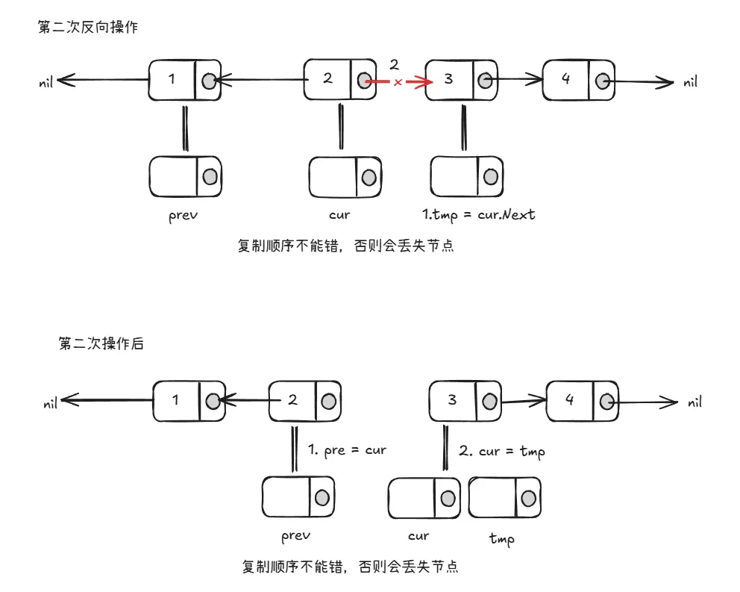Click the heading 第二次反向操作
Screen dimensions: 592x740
pyautogui.click(x=88, y=27)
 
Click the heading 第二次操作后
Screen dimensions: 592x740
pyautogui.click(x=101, y=343)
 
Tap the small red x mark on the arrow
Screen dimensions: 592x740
pyautogui.click(x=398, y=83)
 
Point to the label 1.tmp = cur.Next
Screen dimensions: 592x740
pyautogui.click(x=479, y=214)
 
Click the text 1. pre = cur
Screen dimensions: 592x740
pyautogui.click(x=347, y=450)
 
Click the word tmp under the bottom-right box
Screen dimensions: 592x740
pyautogui.click(x=501, y=538)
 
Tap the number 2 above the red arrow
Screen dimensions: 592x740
pyautogui.click(x=395, y=64)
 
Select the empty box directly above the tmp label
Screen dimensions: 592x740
pyautogui.click(x=505, y=498)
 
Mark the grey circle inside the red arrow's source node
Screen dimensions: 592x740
pyautogui.click(x=363, y=80)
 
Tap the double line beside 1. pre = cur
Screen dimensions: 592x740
pyautogui.click(x=295, y=448)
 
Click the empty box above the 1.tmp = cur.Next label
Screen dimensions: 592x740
pyautogui.click(x=466, y=177)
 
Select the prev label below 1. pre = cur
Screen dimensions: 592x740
pyautogui.click(x=295, y=536)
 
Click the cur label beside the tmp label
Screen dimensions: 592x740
pyautogui.click(x=418, y=536)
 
